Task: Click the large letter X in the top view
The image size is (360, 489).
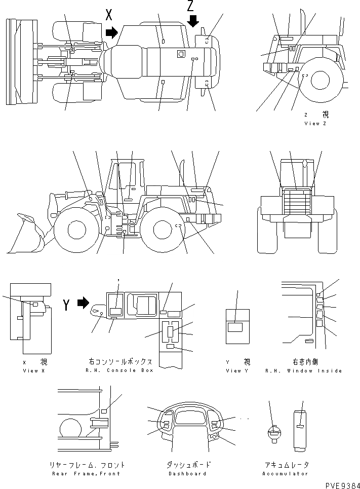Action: point(109,15)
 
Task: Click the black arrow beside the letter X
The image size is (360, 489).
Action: point(111,33)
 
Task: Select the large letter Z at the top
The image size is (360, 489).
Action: point(190,6)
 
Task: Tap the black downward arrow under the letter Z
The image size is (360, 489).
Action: point(193,21)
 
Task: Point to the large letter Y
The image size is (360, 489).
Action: point(66,305)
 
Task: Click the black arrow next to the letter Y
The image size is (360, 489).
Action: point(83,304)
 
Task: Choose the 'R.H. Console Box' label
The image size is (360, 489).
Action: point(120,371)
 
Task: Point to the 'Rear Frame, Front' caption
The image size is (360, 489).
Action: point(86,474)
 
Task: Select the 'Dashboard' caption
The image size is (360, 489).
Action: point(186,474)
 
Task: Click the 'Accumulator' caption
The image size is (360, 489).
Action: point(286,474)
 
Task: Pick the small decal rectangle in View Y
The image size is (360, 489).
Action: point(236,327)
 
